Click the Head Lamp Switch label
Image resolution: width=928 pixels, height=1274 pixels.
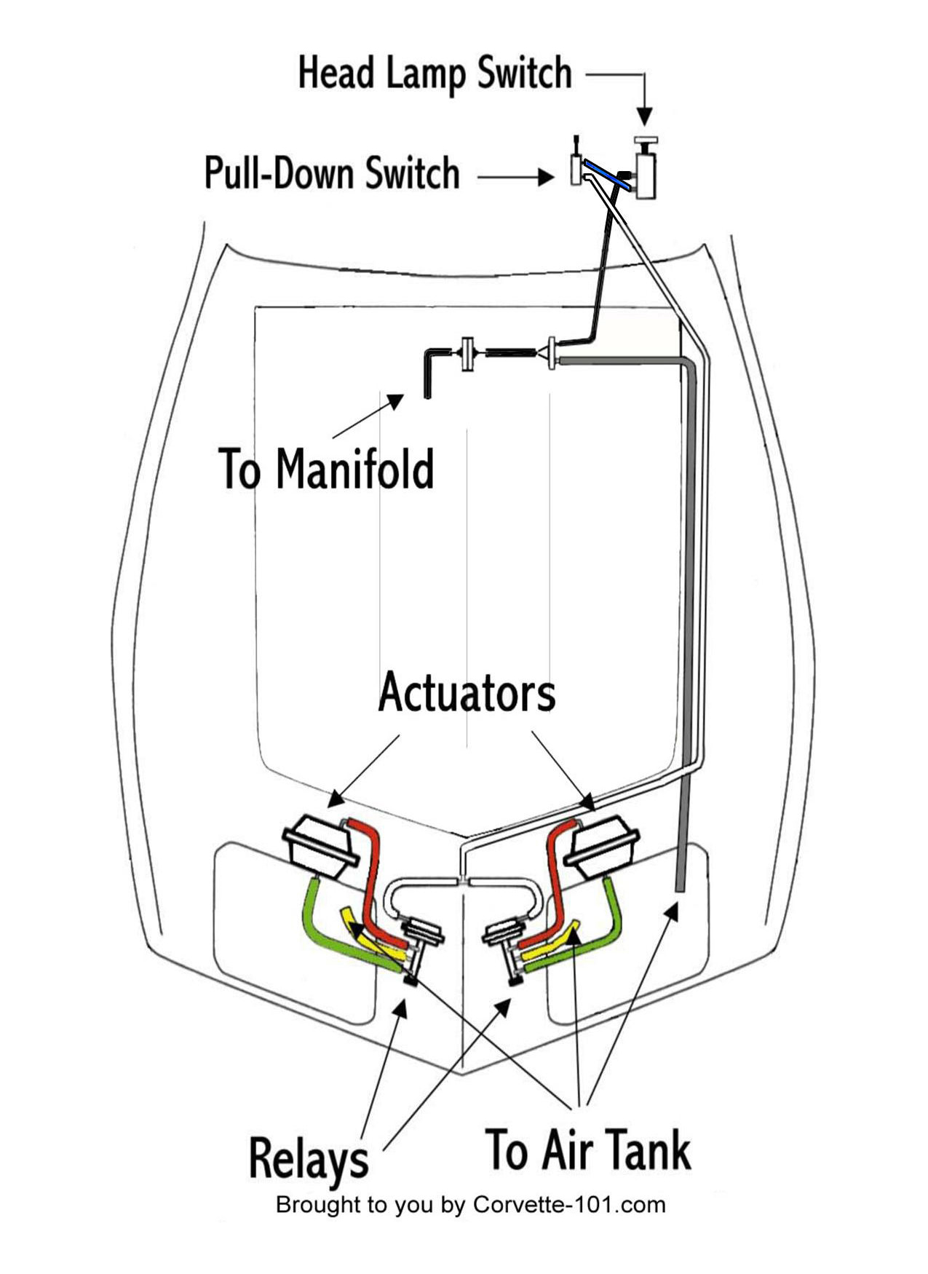pos(435,74)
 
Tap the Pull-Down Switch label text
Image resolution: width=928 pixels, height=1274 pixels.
pos(332,174)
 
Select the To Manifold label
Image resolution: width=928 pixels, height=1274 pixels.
pos(325,470)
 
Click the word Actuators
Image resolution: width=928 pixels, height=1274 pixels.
pos(467,692)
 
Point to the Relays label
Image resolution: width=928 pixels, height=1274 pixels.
pos(309,1158)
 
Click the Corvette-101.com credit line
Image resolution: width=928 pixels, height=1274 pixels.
pos(470,1205)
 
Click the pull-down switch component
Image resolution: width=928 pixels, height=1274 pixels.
pos(576,169)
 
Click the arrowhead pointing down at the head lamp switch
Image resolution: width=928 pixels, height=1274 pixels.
pos(644,116)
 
